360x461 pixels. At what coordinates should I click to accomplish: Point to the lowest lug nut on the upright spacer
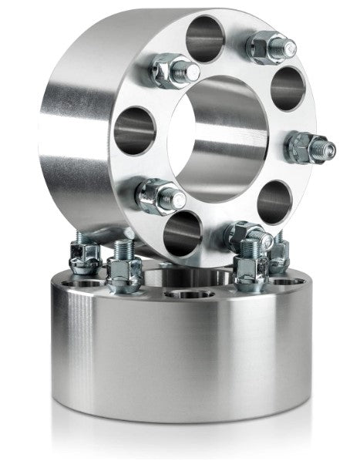point(246,234)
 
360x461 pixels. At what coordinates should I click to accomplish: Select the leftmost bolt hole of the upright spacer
point(134,128)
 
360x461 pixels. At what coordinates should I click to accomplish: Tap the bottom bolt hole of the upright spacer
point(183,230)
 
